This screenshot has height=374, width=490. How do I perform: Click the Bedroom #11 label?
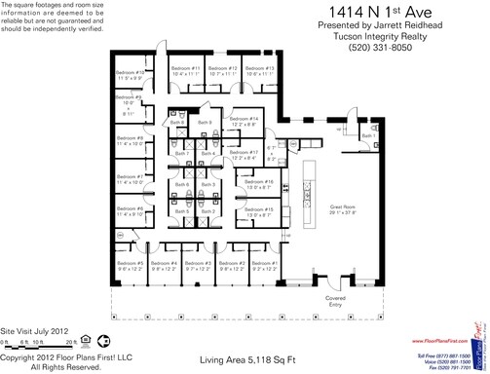(x=183, y=68)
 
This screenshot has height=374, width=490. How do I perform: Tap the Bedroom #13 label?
(x=258, y=68)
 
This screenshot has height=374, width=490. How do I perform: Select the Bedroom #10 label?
(x=130, y=72)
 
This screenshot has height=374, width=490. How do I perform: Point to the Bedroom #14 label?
(x=244, y=118)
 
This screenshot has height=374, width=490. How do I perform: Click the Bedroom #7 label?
(x=130, y=176)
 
